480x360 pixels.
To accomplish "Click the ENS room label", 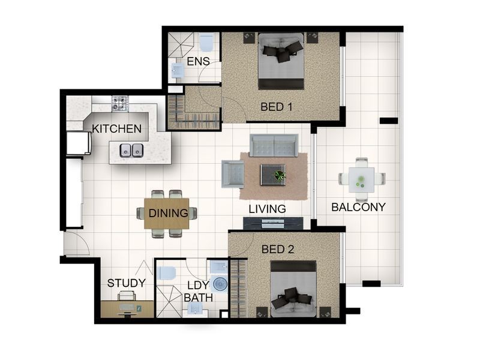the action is tap(198, 62).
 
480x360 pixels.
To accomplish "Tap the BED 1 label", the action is tap(277, 107).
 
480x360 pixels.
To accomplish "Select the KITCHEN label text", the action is tap(116, 128).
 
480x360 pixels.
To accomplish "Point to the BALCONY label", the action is tap(358, 207).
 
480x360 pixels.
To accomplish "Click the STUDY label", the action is tap(127, 283).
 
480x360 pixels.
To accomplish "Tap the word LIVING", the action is tap(267, 209).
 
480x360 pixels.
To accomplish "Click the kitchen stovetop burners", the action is tap(120, 103).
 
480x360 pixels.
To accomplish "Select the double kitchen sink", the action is tap(131, 150).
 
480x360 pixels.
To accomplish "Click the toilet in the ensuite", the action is tap(206, 43).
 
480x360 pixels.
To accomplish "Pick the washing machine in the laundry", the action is tap(219, 284).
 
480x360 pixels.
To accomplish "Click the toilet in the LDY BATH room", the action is tap(166, 274).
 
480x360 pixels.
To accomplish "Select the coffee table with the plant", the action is tap(274, 175).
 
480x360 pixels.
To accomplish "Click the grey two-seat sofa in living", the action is tap(274, 145).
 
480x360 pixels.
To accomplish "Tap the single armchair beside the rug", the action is tap(233, 174).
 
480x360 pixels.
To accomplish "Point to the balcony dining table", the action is tap(362, 179).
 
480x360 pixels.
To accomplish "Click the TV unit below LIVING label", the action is tap(273, 223).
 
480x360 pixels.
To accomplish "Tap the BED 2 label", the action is tap(278, 250).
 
